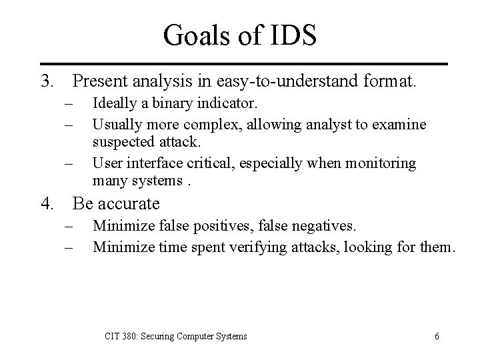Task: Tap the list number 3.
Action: click(46, 81)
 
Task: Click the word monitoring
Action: click(383, 163)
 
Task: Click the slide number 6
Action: click(436, 337)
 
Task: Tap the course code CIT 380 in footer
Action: click(120, 337)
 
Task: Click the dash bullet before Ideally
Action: click(69, 105)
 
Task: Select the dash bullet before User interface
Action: click(69, 163)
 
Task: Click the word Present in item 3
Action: click(102, 82)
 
